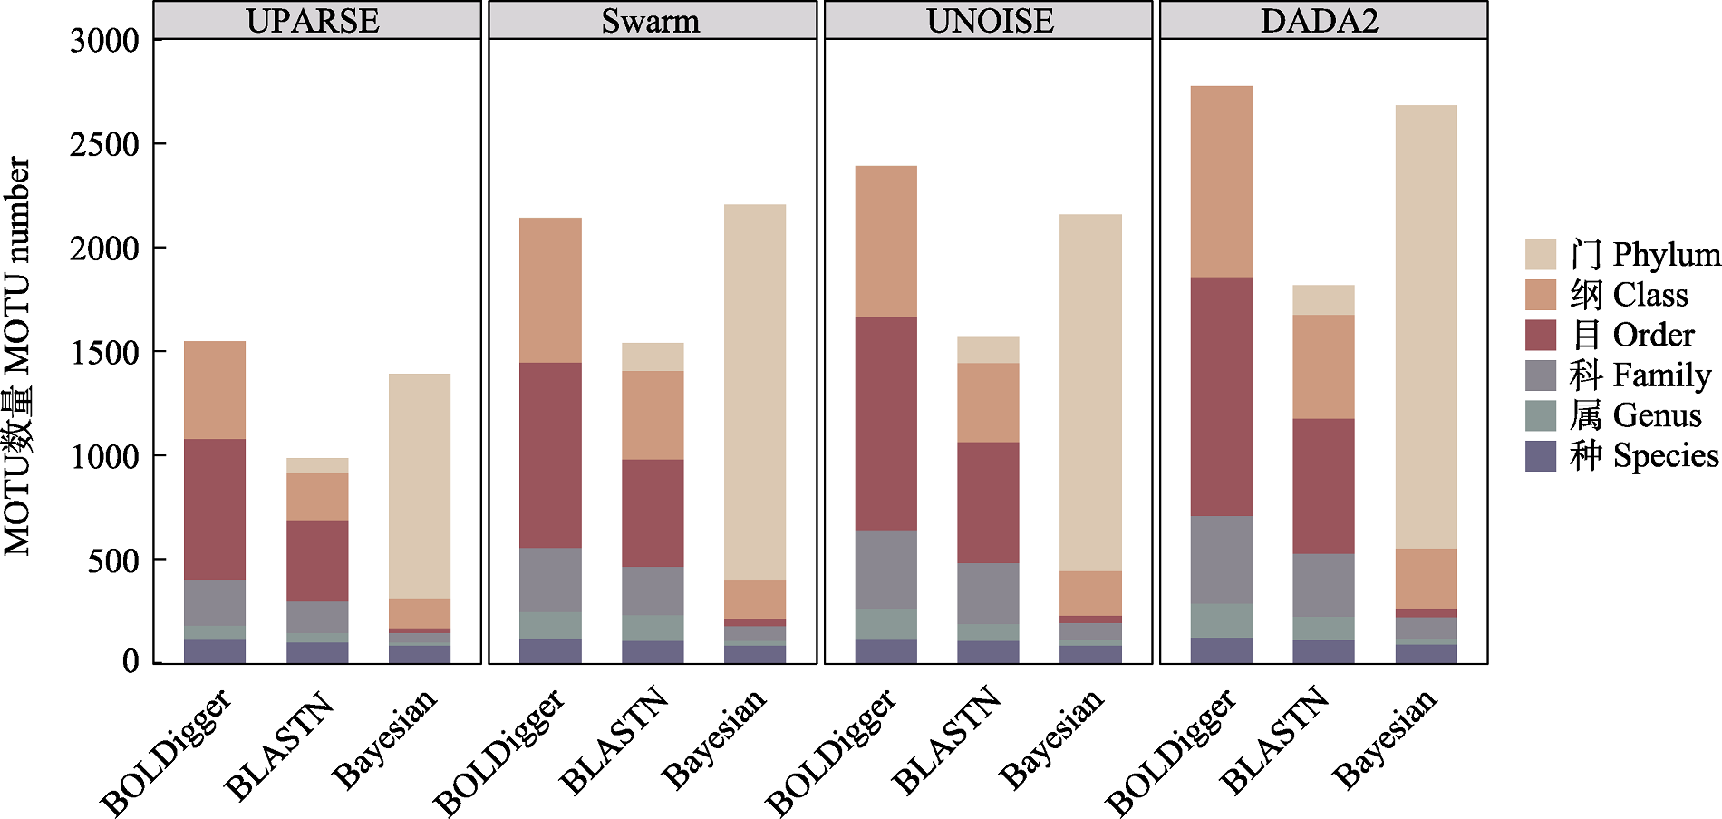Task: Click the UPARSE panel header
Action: coord(314,20)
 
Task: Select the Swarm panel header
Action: coord(651,20)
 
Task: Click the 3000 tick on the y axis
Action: coord(105,40)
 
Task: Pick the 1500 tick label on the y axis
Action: coord(105,352)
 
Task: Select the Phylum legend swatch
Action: coord(1541,255)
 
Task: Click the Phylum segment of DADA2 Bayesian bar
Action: coord(1427,327)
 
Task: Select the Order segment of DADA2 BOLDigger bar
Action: coord(1222,396)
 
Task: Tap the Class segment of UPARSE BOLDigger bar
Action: coord(215,390)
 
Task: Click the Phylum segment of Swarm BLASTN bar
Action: coord(653,356)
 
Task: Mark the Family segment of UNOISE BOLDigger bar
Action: coord(886,570)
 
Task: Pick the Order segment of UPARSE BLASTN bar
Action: coord(317,561)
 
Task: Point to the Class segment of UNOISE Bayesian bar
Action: coord(1090,593)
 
